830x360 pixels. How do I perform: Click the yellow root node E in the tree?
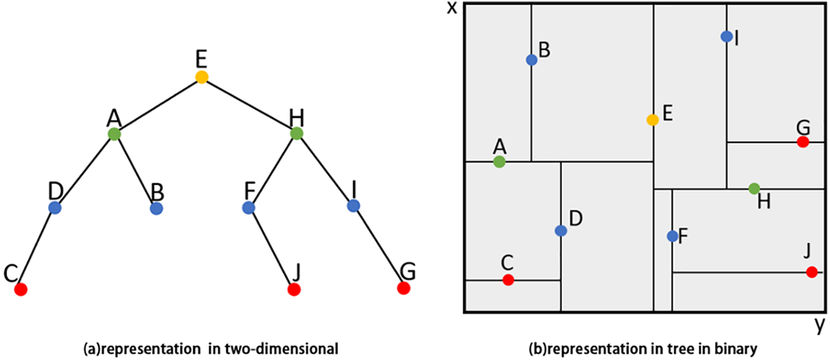(202, 76)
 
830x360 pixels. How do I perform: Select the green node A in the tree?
(114, 134)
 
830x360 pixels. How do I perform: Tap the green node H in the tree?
(296, 133)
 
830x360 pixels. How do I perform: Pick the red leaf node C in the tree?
(21, 290)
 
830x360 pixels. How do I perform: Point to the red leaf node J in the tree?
(293, 290)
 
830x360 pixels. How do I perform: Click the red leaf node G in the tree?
(403, 288)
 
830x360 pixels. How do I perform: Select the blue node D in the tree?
(55, 208)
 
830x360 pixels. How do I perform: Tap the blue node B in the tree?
(156, 208)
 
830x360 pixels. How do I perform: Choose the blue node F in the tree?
(249, 208)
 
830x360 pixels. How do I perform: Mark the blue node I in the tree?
(353, 206)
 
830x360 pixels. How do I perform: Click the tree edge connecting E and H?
(249, 104)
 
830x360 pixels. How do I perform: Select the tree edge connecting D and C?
(37, 249)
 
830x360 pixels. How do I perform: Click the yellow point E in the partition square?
(653, 120)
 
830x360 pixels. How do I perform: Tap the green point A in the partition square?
(499, 162)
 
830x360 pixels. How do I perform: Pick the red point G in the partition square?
(803, 142)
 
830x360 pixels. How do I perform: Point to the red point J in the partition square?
(811, 272)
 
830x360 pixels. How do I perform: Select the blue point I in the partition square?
(727, 36)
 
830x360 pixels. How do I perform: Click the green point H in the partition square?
(754, 188)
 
